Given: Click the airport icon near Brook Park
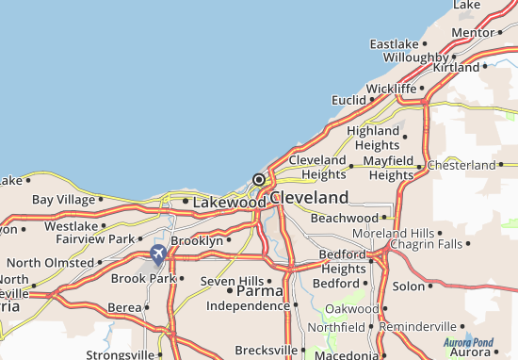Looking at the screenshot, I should pos(157,254).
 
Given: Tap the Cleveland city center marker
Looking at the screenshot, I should pos(258,179).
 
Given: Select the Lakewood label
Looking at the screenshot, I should pos(230,202).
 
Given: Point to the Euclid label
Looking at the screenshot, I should pos(349,100).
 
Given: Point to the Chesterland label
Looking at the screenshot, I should pos(461,165).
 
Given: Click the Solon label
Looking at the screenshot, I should pos(408,286).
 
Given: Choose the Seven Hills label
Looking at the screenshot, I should pos(232,281).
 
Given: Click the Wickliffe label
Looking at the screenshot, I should pos(391,89).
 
